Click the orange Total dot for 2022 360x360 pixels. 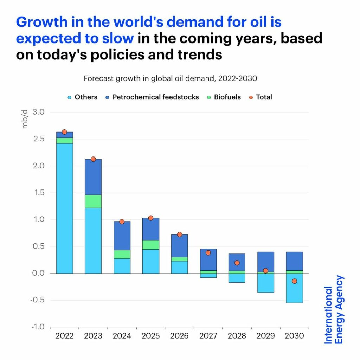click(x=64, y=132)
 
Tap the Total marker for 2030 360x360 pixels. click(x=294, y=281)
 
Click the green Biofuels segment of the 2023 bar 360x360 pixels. click(x=93, y=201)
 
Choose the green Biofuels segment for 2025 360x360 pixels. click(x=150, y=245)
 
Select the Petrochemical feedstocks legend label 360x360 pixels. click(x=155, y=97)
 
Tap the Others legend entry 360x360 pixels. click(x=83, y=97)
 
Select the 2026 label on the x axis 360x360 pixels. click(x=179, y=336)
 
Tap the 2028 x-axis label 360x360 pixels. click(x=237, y=336)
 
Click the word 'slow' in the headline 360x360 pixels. click(x=117, y=38)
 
